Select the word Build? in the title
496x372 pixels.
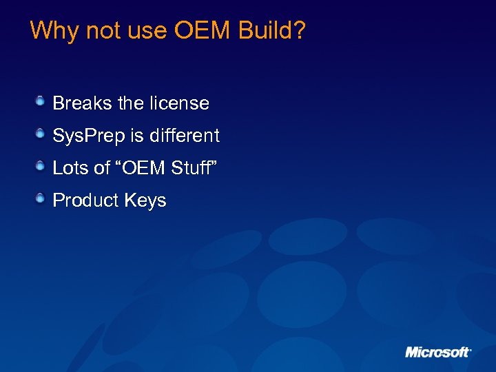[x=271, y=31]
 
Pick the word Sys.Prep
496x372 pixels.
[x=85, y=136]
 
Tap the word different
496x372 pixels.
[x=184, y=136]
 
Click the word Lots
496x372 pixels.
[x=69, y=168]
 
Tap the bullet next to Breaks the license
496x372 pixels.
[x=41, y=102]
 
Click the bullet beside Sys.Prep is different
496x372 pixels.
[x=41, y=134]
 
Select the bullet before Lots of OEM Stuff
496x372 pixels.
[x=41, y=167]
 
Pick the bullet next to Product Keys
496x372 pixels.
[x=41, y=199]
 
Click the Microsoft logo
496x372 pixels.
[x=438, y=352]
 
